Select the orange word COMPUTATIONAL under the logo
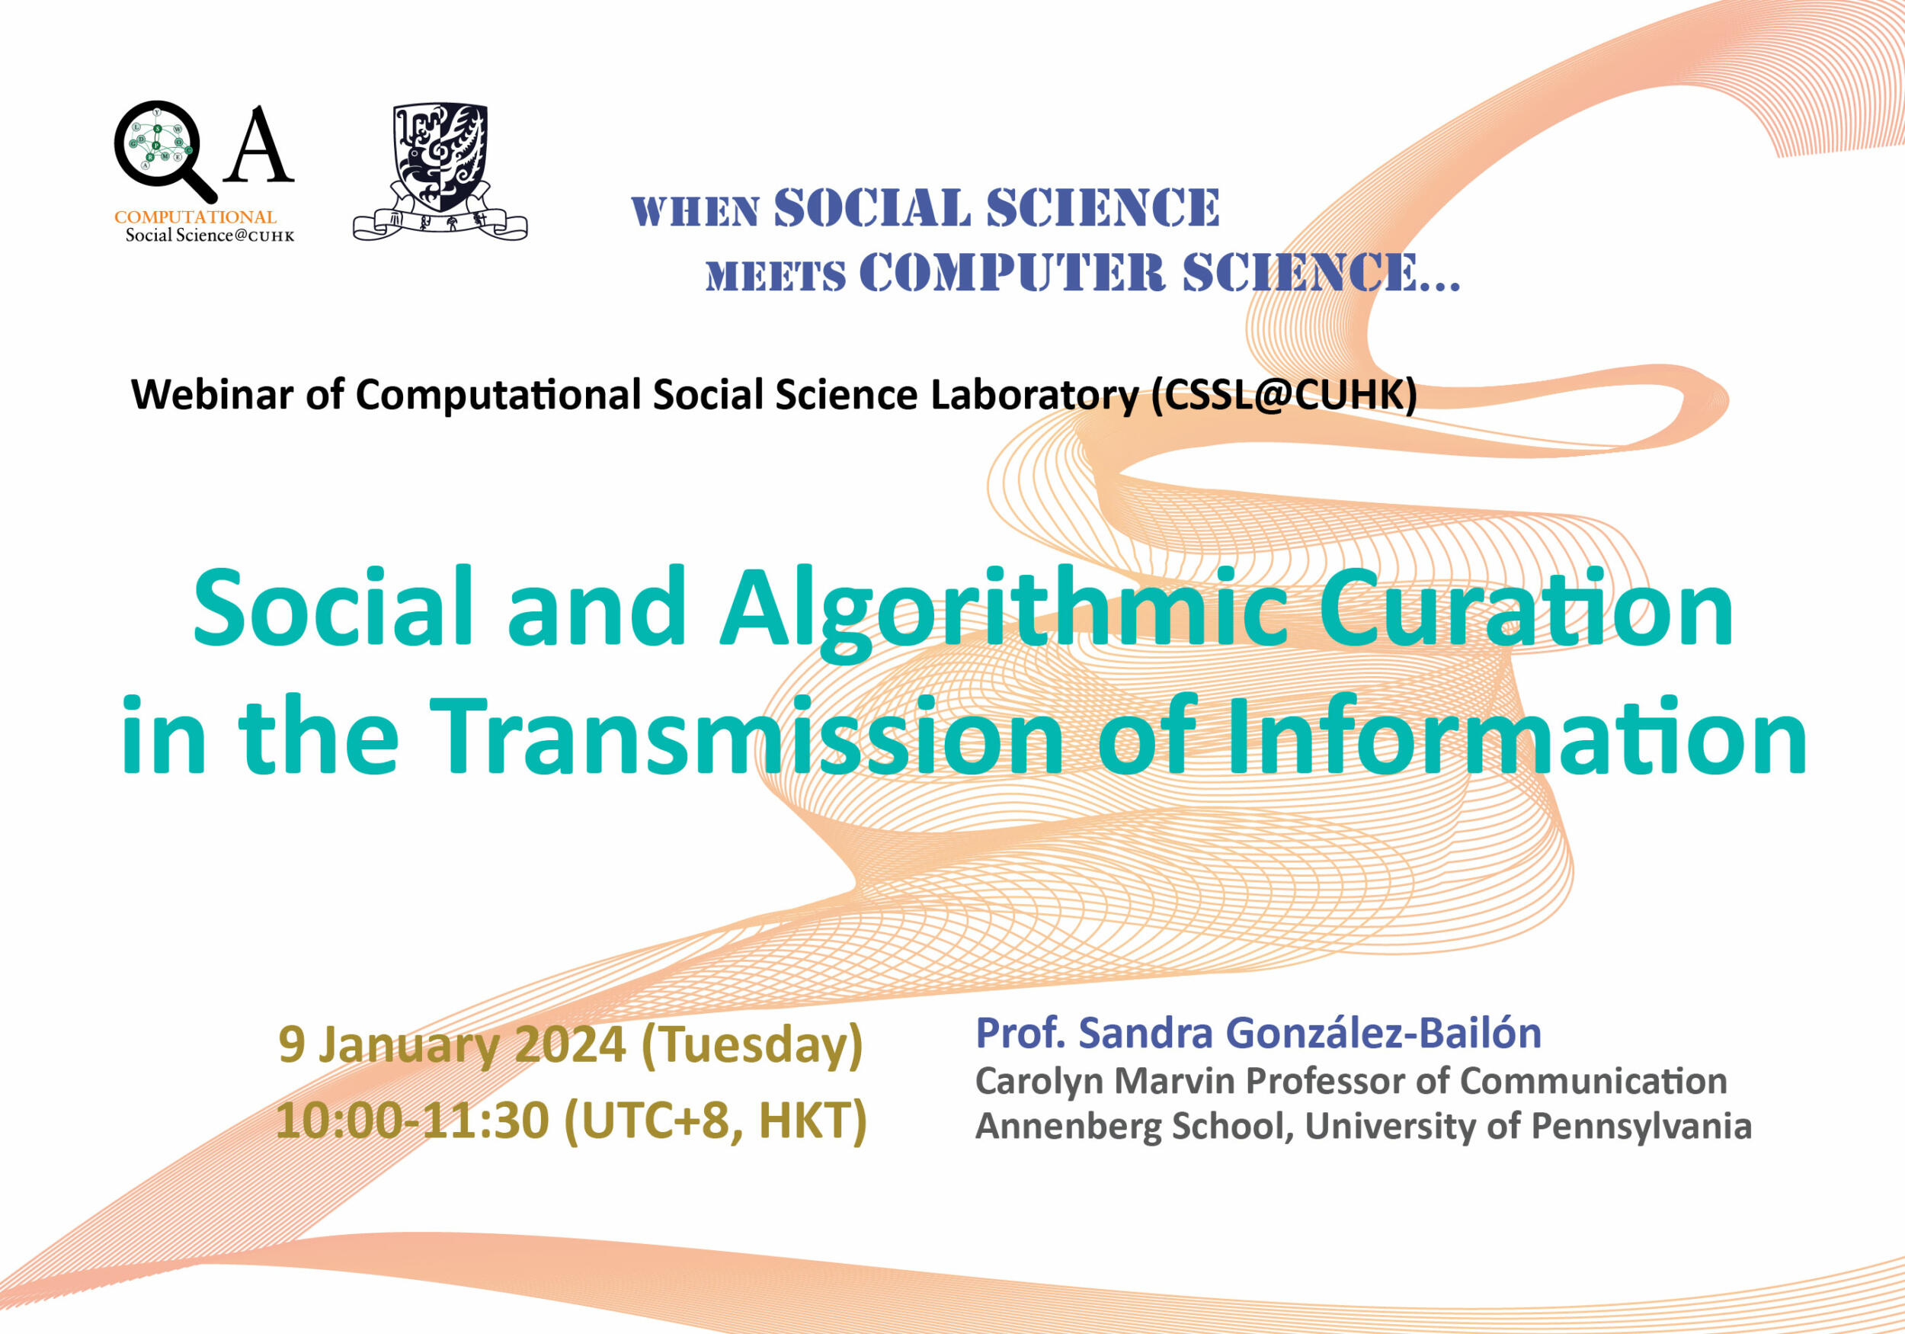195,216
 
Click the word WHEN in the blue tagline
695,213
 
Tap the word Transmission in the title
747,735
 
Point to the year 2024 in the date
570,1044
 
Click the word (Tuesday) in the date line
753,1047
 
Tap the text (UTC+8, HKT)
716,1121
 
